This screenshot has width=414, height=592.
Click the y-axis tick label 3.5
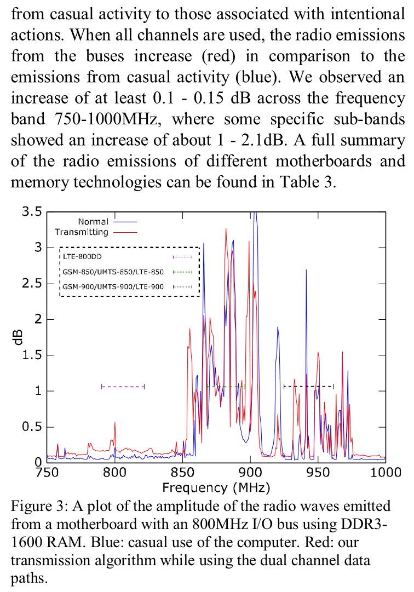(32, 212)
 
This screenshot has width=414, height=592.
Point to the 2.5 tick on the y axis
(32, 284)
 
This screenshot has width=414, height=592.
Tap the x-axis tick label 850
(182, 472)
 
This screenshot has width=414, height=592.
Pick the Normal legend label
(93, 222)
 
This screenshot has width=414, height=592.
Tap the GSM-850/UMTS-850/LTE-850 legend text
(113, 272)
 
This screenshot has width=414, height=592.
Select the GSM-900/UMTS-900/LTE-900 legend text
(113, 286)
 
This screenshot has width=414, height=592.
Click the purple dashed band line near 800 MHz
(123, 387)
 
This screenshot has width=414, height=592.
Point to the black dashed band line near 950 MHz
(308, 387)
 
